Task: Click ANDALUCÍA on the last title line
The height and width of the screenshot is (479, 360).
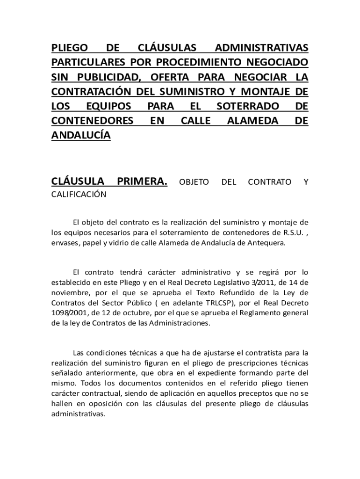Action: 80,136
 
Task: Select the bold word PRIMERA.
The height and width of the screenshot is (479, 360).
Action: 142,181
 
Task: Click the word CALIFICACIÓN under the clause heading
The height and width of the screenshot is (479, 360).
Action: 79,195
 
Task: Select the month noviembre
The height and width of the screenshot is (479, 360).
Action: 71,293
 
